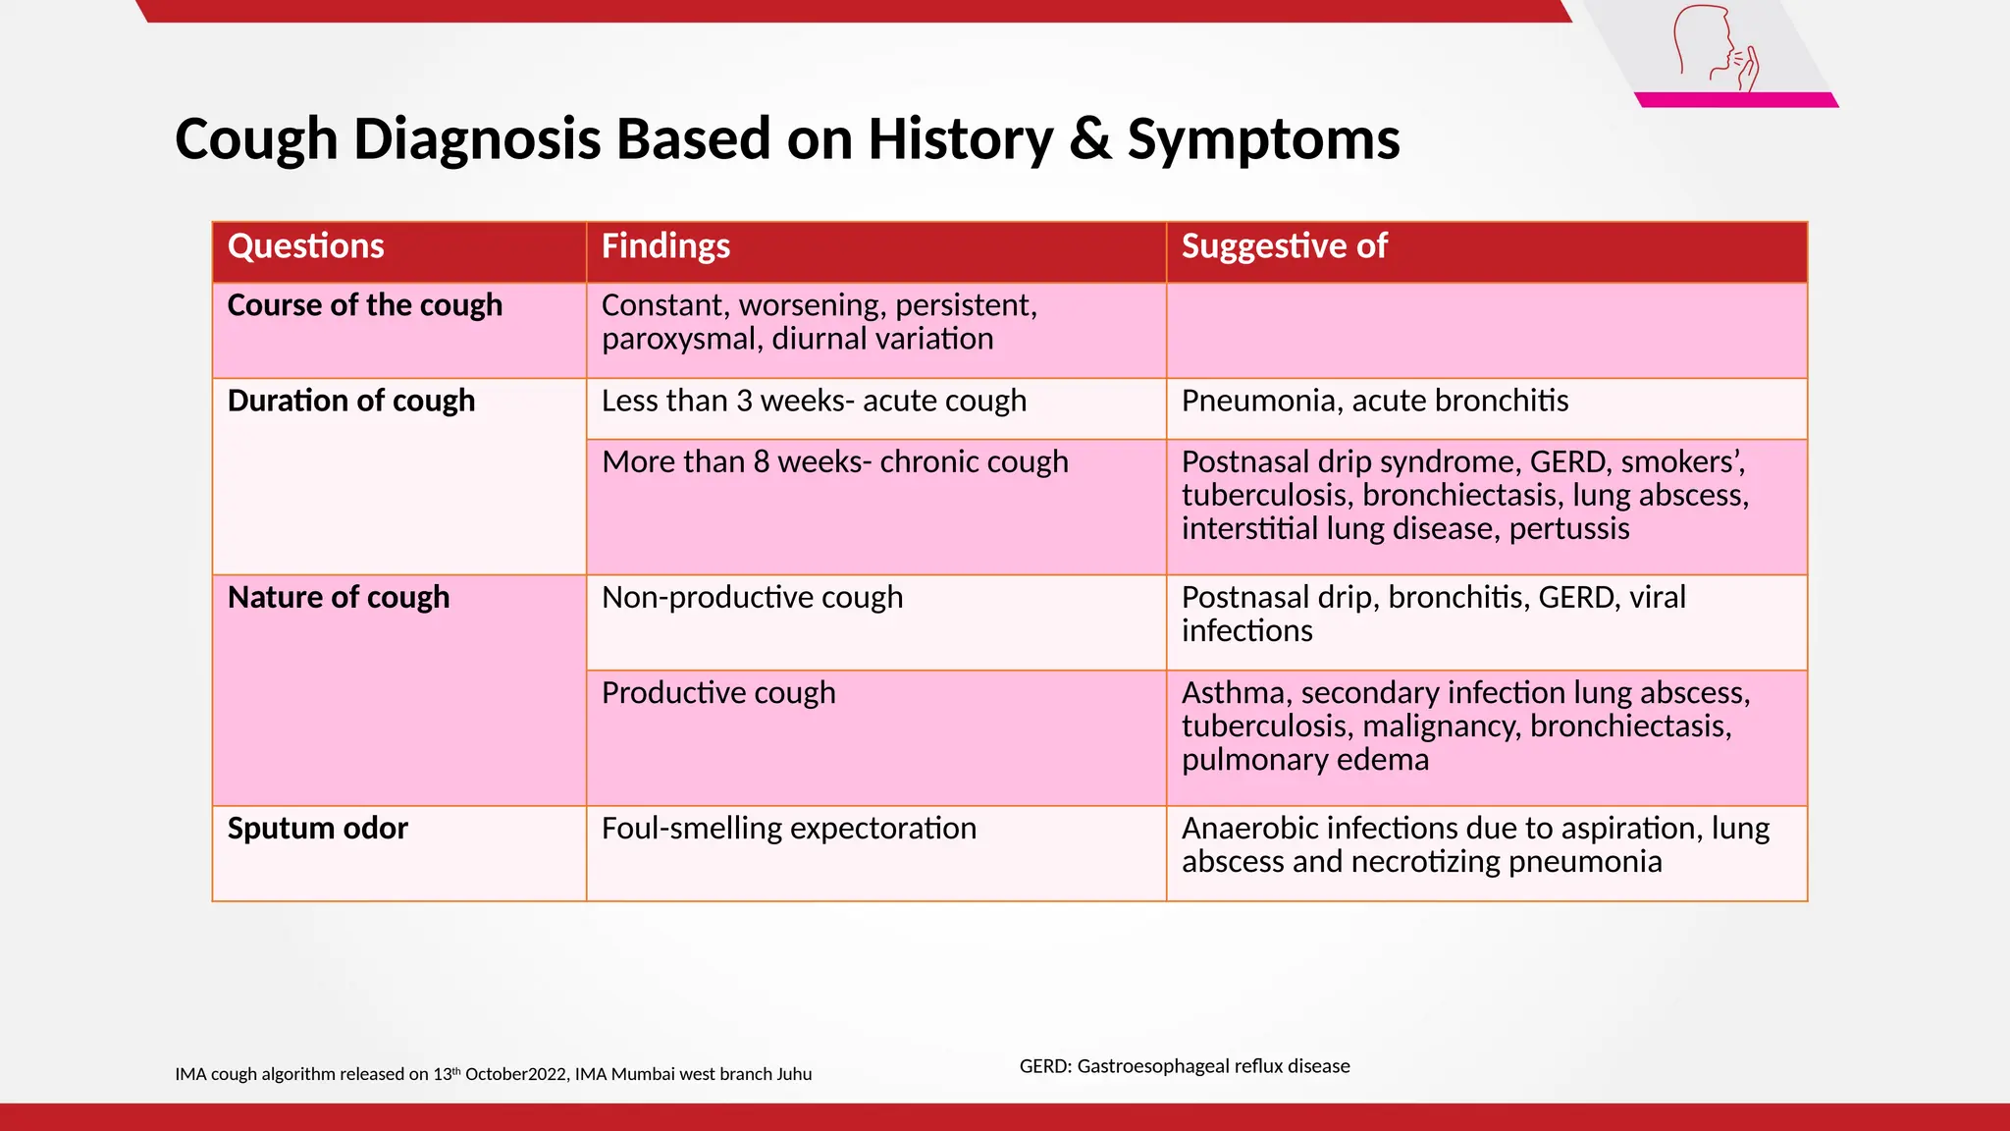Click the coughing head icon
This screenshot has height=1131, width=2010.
click(x=1715, y=49)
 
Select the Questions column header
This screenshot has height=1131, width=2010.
click(x=306, y=246)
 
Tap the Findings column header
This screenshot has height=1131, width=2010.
click(x=665, y=246)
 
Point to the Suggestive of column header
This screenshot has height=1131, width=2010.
click(x=1284, y=246)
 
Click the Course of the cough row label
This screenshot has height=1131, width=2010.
click(x=364, y=305)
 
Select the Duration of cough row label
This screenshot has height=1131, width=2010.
click(x=350, y=401)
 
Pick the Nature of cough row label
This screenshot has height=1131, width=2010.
click(x=338, y=597)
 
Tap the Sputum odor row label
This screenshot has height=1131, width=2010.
click(x=317, y=828)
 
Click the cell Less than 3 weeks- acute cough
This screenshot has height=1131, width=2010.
click(x=814, y=401)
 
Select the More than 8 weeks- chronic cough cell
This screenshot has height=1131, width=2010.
click(x=834, y=461)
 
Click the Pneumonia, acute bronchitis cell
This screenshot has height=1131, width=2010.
click(x=1374, y=401)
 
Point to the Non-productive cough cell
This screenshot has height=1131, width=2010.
click(x=752, y=597)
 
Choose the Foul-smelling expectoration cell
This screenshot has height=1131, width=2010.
click(x=788, y=828)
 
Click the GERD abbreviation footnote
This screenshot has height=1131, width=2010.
click(x=1184, y=1066)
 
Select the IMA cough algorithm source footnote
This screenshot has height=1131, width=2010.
click(x=493, y=1074)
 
